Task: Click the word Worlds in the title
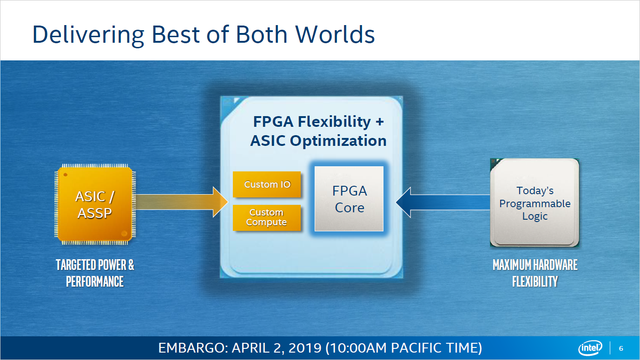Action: (335, 34)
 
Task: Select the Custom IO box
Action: (267, 184)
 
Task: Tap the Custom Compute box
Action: (267, 217)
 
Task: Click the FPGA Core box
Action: (349, 199)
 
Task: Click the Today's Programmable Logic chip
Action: (535, 203)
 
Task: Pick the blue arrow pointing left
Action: (442, 202)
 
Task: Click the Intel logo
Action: (590, 348)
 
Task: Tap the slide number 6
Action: (621, 348)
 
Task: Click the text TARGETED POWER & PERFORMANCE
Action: (95, 273)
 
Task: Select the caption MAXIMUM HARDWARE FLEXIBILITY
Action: (535, 273)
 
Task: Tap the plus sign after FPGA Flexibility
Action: (380, 122)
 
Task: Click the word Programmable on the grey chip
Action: (535, 203)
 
